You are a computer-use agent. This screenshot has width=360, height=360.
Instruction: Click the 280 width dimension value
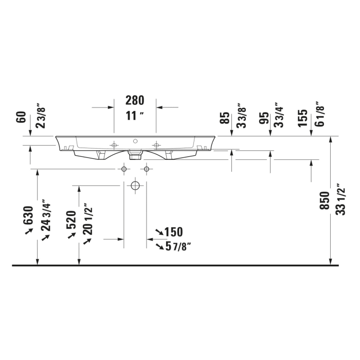(x=135, y=100)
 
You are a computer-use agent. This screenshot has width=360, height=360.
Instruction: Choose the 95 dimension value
(x=264, y=118)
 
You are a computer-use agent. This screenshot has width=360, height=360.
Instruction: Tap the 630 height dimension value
(x=29, y=216)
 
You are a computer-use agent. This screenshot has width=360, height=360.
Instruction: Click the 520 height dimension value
(x=71, y=220)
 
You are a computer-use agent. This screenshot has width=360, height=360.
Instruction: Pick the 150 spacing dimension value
(x=173, y=232)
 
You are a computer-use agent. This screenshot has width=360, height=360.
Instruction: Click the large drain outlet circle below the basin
(x=135, y=185)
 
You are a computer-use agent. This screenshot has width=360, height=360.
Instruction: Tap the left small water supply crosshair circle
(x=123, y=169)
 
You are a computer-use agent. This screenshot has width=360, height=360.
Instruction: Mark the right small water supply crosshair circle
(x=147, y=169)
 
